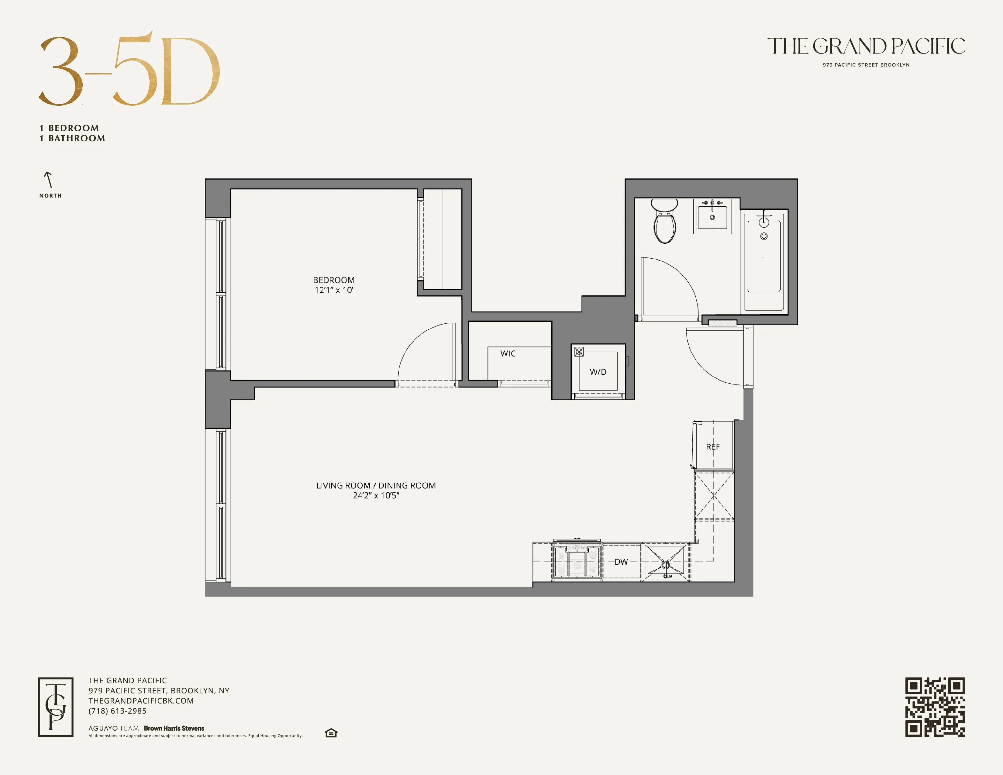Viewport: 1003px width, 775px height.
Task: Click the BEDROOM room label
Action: [x=333, y=280]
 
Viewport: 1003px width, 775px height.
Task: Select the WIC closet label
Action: [x=508, y=353]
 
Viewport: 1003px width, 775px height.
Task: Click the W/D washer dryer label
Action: [x=598, y=372]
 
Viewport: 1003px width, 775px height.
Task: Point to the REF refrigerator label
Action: [x=713, y=447]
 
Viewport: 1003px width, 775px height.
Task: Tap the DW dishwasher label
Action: [x=621, y=562]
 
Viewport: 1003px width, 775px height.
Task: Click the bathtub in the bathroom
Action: [x=764, y=260]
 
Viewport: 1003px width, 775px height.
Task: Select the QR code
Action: [x=935, y=707]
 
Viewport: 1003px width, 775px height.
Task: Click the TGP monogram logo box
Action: [x=56, y=707]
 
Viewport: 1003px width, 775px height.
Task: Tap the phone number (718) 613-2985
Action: [x=118, y=711]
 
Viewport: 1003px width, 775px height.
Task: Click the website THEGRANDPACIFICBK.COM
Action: [x=141, y=701]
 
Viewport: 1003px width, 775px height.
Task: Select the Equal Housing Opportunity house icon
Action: [x=331, y=733]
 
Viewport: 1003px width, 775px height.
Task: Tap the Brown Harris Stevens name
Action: [x=174, y=728]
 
